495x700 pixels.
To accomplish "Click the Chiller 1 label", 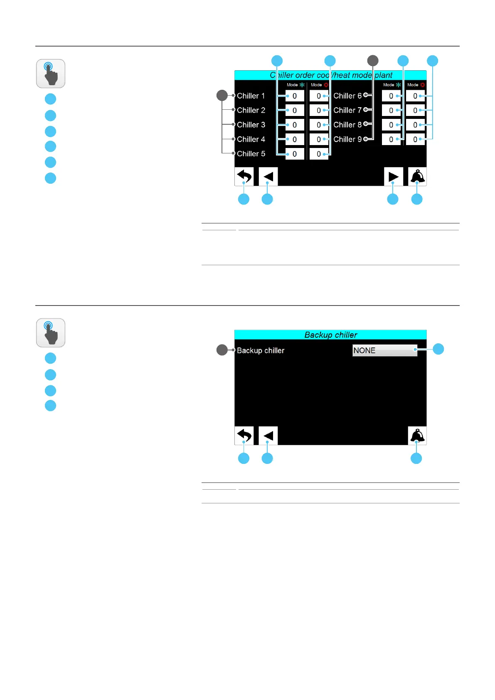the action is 251,96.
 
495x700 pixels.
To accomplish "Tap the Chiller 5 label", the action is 251,154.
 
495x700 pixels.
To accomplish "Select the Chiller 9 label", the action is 347,139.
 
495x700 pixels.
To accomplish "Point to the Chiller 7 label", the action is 347,110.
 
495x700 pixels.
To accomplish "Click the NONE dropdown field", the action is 384,350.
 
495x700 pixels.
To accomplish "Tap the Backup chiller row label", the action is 261,350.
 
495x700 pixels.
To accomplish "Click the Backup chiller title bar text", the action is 330,335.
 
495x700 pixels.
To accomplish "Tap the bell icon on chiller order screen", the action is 417,177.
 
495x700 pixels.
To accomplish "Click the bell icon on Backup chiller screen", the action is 417,436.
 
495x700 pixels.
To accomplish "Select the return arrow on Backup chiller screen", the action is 244,436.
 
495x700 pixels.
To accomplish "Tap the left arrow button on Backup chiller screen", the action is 268,436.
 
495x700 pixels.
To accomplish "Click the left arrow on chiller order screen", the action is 268,177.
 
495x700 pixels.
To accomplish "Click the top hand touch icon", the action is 51,74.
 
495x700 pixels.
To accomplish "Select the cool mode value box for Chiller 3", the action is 295,125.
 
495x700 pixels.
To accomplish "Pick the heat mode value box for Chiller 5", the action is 319,154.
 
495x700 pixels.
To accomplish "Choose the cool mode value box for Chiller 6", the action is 391,96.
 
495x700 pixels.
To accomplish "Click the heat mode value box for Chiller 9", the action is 415,139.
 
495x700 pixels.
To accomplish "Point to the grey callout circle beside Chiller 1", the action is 222,95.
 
